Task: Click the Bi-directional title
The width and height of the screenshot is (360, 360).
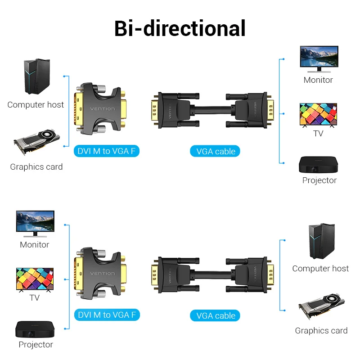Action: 180,28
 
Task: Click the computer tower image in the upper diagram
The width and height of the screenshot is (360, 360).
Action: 37,76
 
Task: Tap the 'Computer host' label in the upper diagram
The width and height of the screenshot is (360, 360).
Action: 36,105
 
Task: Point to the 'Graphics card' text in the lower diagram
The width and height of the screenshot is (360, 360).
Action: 321,331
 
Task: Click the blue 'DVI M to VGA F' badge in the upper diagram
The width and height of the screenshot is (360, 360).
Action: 106,151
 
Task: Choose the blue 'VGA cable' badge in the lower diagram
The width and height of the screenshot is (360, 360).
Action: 216,316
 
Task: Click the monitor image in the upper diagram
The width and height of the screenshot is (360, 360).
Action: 319,58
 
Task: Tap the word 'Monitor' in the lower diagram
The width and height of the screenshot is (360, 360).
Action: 34,245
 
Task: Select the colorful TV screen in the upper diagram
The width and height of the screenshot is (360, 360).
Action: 318,115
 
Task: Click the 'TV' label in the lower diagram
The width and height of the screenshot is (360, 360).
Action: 34,298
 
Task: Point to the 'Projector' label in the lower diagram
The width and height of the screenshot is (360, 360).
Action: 36,345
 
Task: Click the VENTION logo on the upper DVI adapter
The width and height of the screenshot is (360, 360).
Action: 103,109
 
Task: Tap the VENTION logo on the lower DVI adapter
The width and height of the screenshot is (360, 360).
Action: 103,274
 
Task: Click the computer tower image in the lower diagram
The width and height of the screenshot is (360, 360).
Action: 321,241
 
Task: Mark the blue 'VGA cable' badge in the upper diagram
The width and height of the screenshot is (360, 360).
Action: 216,151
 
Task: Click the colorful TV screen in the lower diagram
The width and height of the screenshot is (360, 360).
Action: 35,279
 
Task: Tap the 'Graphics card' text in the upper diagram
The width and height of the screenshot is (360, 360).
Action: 36,167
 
